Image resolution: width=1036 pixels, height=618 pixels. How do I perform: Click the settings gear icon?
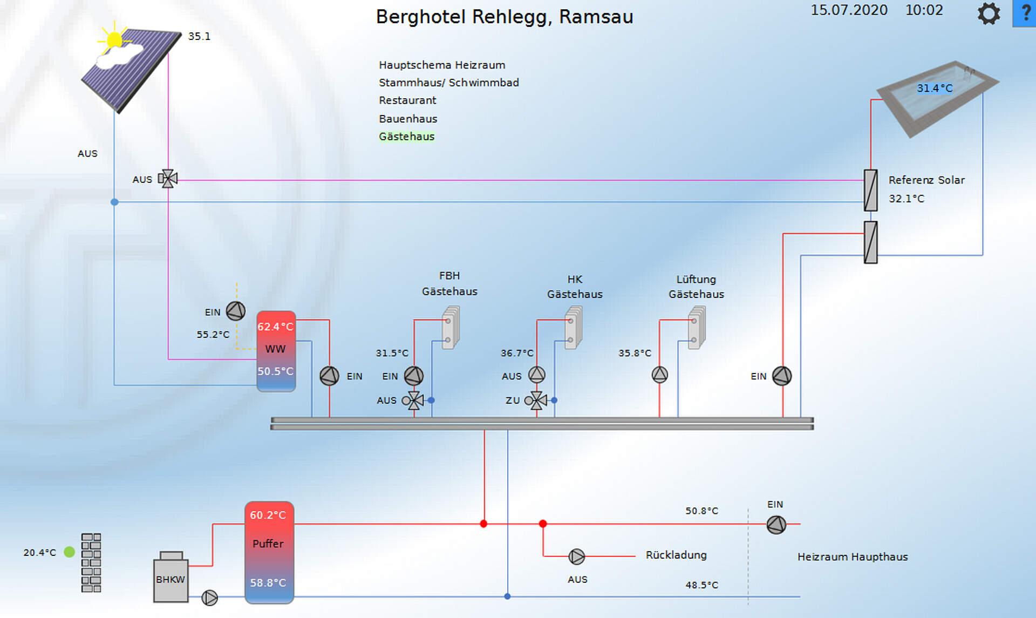pos(989,13)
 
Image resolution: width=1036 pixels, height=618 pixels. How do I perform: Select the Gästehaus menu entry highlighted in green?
pos(406,137)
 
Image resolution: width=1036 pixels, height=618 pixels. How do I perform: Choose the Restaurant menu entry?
pos(407,100)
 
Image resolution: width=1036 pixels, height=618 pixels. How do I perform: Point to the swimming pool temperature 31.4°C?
pos(935,88)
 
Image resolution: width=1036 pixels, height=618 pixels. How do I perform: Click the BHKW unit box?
pos(171,579)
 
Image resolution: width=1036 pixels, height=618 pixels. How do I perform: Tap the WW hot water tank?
pos(276,350)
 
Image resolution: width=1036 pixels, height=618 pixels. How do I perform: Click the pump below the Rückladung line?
pos(576,556)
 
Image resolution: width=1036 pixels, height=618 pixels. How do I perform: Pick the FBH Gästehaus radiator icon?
pos(451,328)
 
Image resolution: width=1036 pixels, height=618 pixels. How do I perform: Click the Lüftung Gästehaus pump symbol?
pos(659,375)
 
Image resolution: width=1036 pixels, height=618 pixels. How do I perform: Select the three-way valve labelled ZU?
pos(536,400)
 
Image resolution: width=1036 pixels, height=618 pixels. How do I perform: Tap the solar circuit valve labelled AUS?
pos(168,179)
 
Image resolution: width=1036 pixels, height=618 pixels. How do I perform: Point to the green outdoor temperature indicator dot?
pos(69,552)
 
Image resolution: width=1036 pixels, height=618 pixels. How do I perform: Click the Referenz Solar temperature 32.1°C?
pos(906,199)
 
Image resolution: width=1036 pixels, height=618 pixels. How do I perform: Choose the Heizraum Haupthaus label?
pos(853,556)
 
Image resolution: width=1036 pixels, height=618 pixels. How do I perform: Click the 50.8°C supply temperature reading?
pos(701,511)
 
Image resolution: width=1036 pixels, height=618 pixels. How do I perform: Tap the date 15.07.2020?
pos(849,10)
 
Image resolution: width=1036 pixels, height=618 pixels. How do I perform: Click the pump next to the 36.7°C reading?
pos(536,375)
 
